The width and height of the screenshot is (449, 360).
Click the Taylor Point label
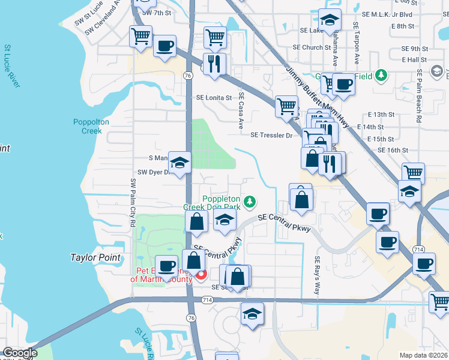click(96, 257)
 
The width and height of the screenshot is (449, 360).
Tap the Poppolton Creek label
click(91, 126)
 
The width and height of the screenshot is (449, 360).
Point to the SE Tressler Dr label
click(271, 136)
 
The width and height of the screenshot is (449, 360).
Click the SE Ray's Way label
click(317, 275)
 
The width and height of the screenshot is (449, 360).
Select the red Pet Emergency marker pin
click(201, 275)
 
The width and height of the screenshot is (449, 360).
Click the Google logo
click(20, 353)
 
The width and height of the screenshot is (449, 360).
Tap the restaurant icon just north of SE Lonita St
click(214, 64)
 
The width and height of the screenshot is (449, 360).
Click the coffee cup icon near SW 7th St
click(164, 46)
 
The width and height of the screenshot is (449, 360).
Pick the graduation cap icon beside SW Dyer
click(179, 163)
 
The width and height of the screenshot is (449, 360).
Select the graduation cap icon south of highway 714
click(252, 314)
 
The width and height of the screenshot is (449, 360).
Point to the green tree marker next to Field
click(381, 76)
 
